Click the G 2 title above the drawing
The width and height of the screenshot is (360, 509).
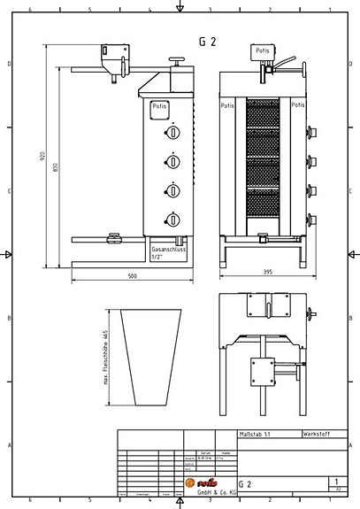click(207, 42)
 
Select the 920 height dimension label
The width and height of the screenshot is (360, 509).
click(42, 157)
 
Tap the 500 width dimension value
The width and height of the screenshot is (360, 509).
click(132, 276)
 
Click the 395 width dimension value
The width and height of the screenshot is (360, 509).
click(265, 272)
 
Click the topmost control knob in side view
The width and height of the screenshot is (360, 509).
click(173, 133)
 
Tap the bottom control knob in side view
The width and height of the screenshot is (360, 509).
click(173, 220)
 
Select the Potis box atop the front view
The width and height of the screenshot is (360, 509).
click(263, 52)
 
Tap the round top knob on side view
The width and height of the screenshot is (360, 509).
click(180, 61)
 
